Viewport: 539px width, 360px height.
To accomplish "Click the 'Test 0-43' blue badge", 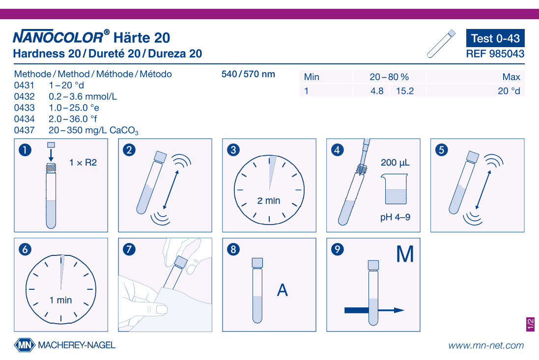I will pyautogui.click(x=495, y=38).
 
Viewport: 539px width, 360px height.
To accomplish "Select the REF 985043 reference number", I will pyautogui.click(x=495, y=54).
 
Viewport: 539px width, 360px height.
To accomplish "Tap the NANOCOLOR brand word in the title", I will pyautogui.click(x=58, y=37).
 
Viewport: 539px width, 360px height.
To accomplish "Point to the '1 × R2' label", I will pyautogui.click(x=83, y=162).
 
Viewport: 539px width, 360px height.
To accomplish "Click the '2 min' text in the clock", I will pyautogui.click(x=269, y=200).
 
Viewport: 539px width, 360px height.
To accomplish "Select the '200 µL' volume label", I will pyautogui.click(x=395, y=163).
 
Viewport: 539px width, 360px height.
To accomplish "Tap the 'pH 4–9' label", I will pyautogui.click(x=395, y=217).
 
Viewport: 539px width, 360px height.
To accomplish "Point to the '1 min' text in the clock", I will pyautogui.click(x=60, y=300).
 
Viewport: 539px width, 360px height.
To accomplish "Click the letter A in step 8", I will pyautogui.click(x=283, y=290).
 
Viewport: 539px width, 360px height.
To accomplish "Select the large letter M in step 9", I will pyautogui.click(x=405, y=254).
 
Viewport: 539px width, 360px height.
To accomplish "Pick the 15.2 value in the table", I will pyautogui.click(x=405, y=91).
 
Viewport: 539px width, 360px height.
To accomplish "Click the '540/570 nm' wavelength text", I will pyautogui.click(x=248, y=74).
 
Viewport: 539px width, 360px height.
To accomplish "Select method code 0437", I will pyautogui.click(x=24, y=130).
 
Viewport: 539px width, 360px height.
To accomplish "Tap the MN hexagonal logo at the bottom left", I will pyautogui.click(x=25, y=345).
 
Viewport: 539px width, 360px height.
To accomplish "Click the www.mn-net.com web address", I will pyautogui.click(x=485, y=345).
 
